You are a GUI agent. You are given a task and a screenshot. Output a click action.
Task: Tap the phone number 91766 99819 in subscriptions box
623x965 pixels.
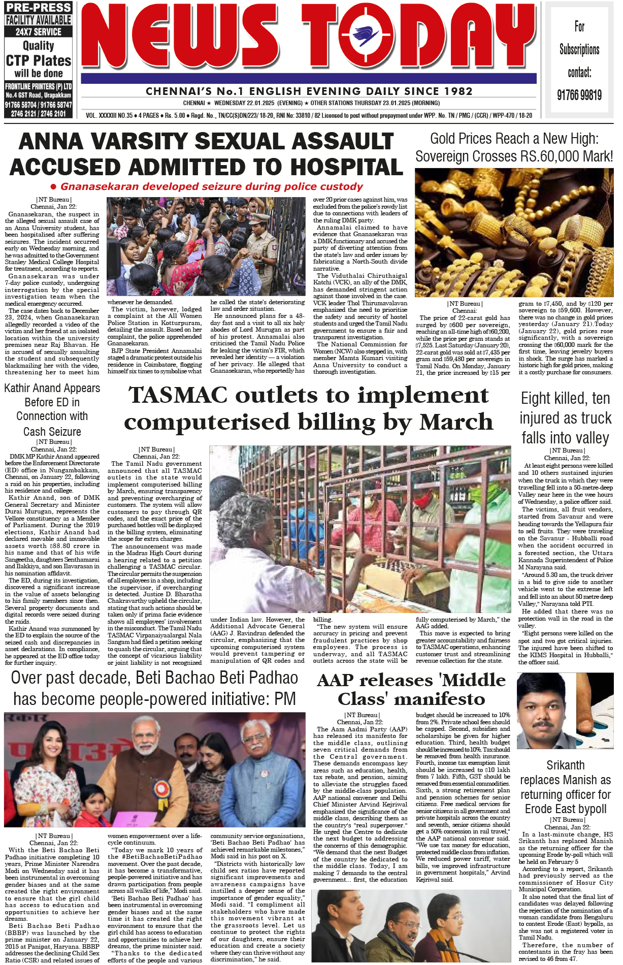pos(579,95)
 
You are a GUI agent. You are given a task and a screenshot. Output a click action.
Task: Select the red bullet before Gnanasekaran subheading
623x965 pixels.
pos(53,187)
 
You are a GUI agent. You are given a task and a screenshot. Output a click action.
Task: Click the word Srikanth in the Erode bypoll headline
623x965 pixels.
pos(565,765)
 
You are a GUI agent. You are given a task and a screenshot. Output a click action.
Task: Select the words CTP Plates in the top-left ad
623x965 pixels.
pos(39,61)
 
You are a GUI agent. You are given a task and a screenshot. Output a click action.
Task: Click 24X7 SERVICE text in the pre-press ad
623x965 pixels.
pos(39,32)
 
